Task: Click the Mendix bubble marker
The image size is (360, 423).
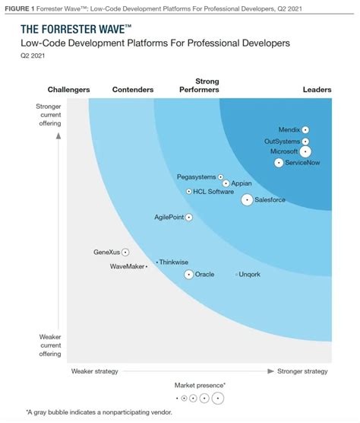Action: [x=305, y=130]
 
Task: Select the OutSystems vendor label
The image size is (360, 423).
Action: [x=282, y=142]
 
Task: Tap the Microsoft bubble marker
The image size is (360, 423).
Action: [x=305, y=151]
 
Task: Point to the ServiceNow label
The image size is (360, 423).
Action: [x=302, y=163]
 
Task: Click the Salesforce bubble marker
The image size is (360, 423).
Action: [x=247, y=200]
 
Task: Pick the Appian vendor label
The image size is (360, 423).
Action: [x=242, y=183]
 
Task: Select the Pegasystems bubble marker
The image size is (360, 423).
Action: [x=221, y=177]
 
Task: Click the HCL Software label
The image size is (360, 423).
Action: [x=214, y=192]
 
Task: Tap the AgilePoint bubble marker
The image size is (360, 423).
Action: [x=188, y=218]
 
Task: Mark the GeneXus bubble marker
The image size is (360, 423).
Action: [x=125, y=252]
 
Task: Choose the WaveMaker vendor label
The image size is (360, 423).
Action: [x=127, y=266]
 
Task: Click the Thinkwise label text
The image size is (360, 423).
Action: [x=174, y=262]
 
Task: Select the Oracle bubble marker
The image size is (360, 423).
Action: [x=188, y=274]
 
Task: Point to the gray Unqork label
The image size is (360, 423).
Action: [x=250, y=274]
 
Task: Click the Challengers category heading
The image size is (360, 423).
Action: [x=69, y=90]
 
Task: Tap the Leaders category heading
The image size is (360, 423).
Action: [x=317, y=90]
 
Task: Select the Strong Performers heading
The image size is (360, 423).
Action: [x=207, y=85]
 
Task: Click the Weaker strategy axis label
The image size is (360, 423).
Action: [x=94, y=371]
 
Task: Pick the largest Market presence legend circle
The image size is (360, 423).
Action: [x=219, y=398]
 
